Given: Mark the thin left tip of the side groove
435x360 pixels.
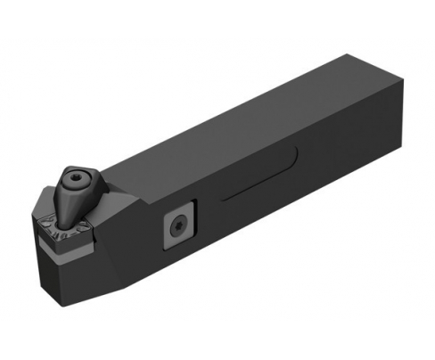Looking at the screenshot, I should click(x=223, y=197).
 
